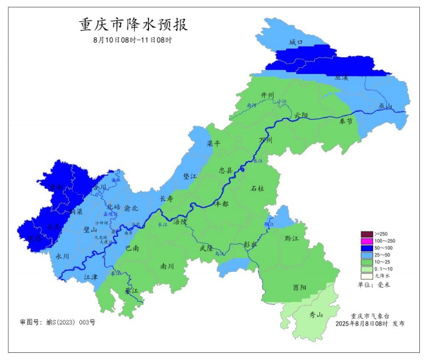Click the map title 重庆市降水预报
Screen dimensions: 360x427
coord(132,25)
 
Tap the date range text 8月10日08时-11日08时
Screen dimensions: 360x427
coord(132,40)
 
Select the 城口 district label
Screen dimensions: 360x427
coord(296,43)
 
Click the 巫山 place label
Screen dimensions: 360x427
coord(386,106)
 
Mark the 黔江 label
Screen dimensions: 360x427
coord(291,239)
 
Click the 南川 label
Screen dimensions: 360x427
coord(167,266)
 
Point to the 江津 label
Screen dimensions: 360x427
coord(90,277)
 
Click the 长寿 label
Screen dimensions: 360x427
coord(167,199)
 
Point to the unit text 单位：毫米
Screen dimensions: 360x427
coord(374,285)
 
